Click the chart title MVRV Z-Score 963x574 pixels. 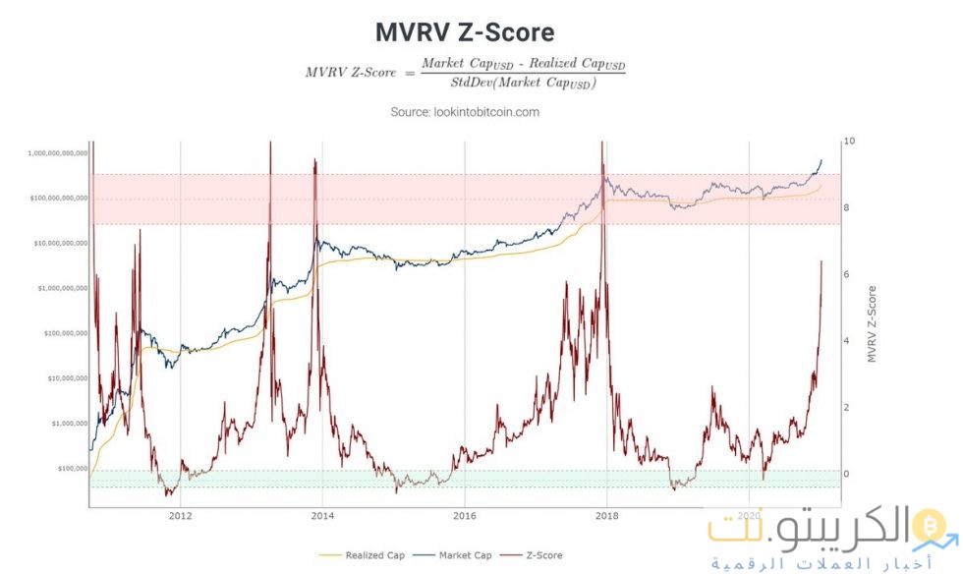[465, 32]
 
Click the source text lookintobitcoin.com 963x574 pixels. [465, 112]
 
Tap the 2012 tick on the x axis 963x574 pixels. [179, 515]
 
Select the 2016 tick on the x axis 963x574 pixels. [465, 515]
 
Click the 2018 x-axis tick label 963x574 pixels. [607, 515]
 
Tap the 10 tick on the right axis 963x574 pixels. [849, 142]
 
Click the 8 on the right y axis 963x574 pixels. [847, 208]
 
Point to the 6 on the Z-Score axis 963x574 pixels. [847, 275]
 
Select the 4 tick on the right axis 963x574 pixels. [847, 341]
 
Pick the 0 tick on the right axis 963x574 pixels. [847, 474]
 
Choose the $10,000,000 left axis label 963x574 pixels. [63, 378]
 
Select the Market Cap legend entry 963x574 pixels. [465, 555]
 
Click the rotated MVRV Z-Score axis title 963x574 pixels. [871, 324]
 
